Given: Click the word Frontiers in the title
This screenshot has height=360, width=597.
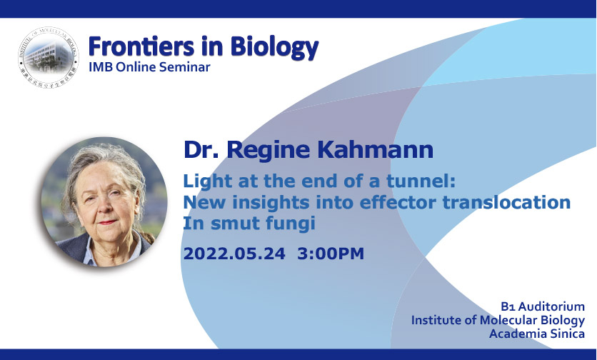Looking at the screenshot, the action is pos(141,46).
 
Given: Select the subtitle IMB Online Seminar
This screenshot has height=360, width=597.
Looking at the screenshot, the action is pos(149,67).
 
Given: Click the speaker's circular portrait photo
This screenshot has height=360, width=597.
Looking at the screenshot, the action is pos(104,201).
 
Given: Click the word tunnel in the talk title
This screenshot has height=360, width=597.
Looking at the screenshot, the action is pos(421,181).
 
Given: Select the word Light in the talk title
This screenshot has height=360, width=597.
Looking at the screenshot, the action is pos(208,181).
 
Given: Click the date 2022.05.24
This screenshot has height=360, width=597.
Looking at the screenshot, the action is pos(234,254).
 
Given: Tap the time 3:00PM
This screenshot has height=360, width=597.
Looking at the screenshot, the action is pos(331,254).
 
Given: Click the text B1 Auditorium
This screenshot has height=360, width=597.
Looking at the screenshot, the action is pos(543,306).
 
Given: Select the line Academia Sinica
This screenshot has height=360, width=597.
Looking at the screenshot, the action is pos(537,334).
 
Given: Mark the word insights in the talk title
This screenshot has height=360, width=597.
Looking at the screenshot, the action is pos(271,203).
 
